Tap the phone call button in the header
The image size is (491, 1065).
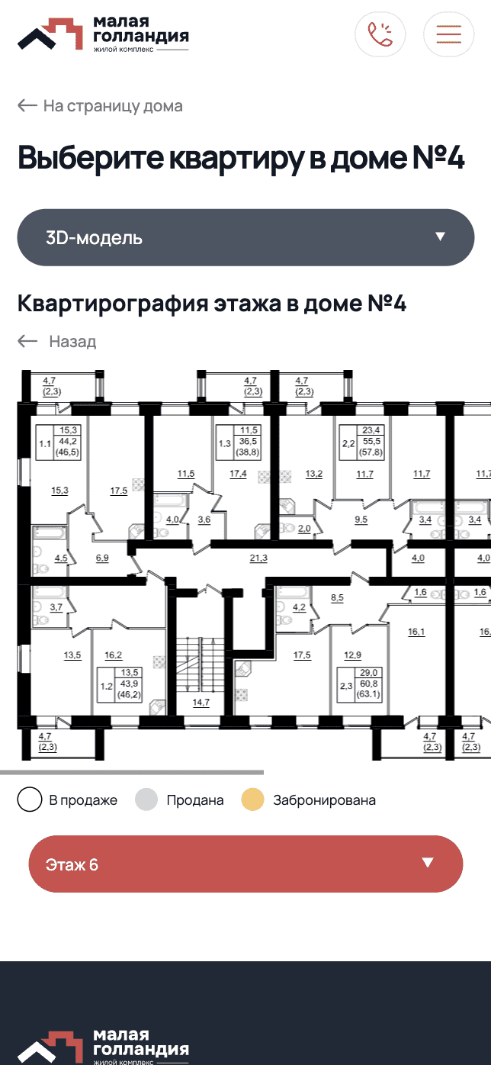[380, 34]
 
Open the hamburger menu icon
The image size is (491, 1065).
[449, 34]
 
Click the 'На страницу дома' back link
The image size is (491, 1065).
[100, 105]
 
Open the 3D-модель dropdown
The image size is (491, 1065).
[245, 237]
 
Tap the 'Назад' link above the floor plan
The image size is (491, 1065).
[57, 341]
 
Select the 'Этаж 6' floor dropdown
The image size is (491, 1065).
[245, 864]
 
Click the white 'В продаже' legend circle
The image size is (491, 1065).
[30, 800]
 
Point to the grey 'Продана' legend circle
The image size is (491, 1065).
[146, 800]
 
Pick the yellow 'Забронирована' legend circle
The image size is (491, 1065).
[252, 800]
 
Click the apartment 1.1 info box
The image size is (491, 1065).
[58, 442]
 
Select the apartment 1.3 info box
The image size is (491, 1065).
[238, 442]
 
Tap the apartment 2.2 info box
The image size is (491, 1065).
[361, 442]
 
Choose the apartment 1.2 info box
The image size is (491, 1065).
[119, 685]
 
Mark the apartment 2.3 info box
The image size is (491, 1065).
[359, 685]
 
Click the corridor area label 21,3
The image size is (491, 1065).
[258, 558]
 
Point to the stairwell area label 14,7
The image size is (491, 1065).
[201, 703]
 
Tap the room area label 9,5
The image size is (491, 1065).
[361, 520]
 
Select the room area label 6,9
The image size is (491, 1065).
[102, 558]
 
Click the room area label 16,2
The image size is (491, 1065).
[114, 655]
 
